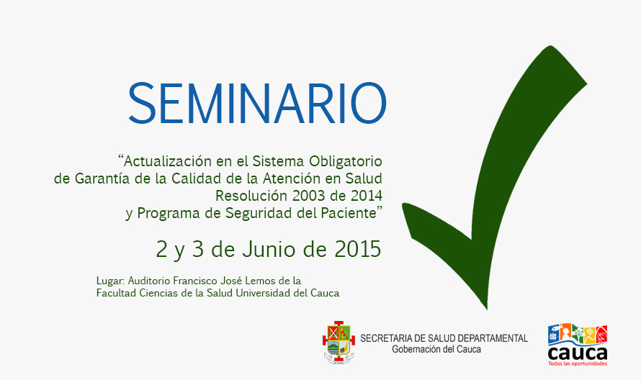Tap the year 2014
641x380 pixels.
366,196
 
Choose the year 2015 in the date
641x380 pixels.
358,249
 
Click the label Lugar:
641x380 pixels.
111,281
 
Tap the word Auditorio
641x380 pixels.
151,281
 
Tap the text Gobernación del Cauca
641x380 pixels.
436,350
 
